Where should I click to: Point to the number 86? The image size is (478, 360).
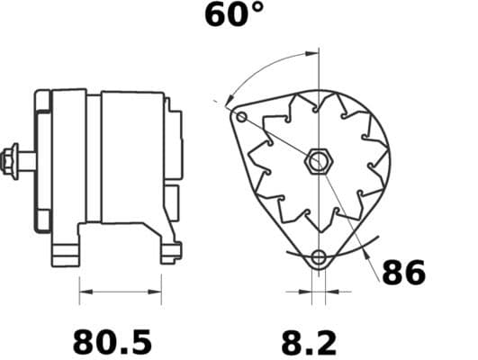(x=402, y=273)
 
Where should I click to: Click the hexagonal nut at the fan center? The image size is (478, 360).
(x=318, y=163)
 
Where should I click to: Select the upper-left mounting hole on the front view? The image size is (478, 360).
(x=240, y=115)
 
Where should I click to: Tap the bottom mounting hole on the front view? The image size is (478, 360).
(x=318, y=259)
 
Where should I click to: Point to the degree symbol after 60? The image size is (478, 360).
(x=257, y=9)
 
